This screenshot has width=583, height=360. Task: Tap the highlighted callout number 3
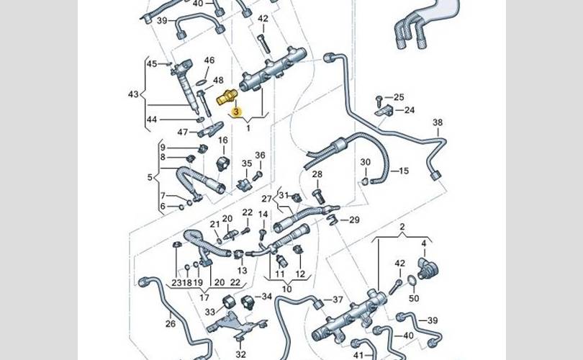point(237,112)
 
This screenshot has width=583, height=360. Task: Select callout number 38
point(438,123)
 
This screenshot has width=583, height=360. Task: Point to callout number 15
point(403,171)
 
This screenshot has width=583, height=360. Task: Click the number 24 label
point(409,110)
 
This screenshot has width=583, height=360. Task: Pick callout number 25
point(399,97)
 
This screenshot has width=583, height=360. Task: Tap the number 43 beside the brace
point(133,94)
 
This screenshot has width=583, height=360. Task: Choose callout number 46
point(209,60)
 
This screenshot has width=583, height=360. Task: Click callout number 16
point(222,140)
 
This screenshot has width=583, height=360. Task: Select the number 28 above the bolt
point(317,175)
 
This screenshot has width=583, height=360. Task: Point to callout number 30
point(365,162)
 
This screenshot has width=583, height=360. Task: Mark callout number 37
point(338,300)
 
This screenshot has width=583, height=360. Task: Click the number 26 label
point(170,323)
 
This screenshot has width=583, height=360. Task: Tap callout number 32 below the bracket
point(241,354)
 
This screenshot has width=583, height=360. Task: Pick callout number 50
point(413,298)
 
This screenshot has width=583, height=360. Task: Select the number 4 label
point(424,243)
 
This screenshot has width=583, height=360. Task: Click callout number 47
point(183,132)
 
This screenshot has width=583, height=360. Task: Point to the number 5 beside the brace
point(150,176)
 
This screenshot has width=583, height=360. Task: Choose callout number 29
point(353,220)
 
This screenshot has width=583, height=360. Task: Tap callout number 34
point(266,296)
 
